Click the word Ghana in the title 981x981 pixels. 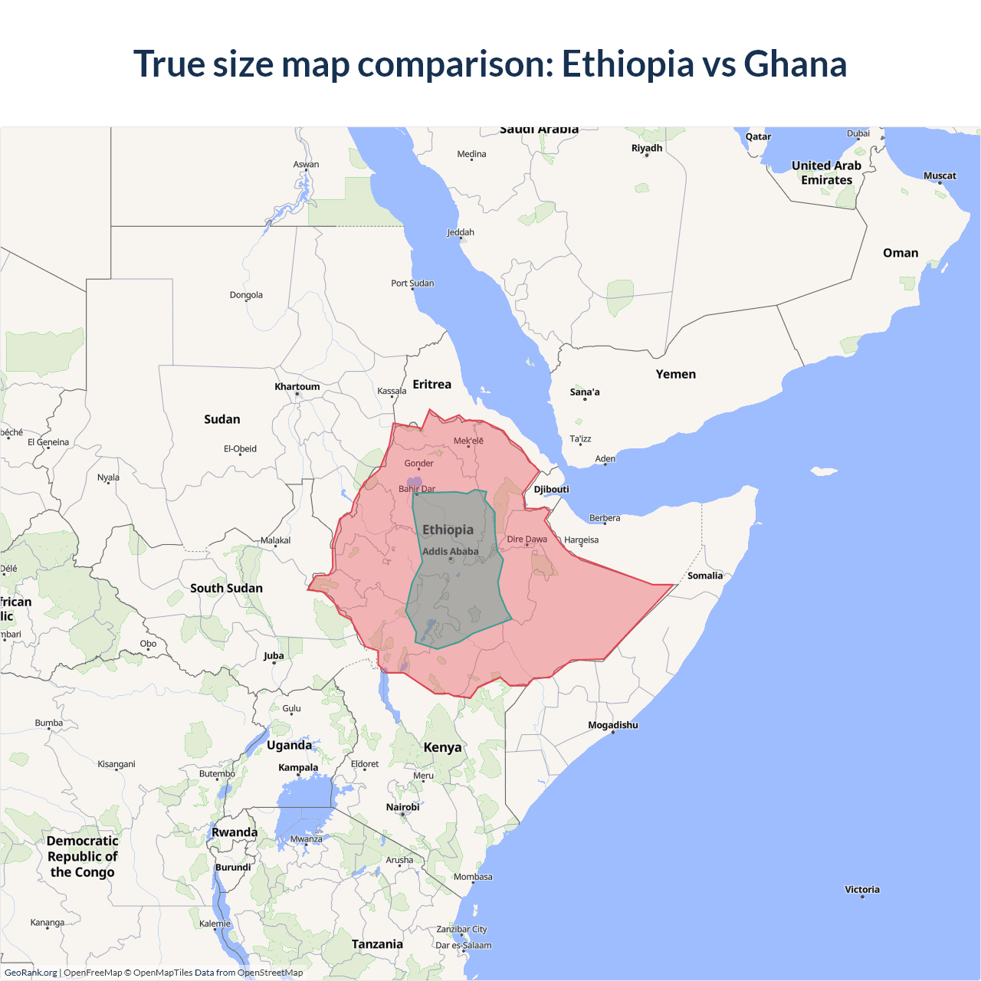pyautogui.click(x=795, y=64)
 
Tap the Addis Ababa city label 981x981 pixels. pyautogui.click(x=450, y=551)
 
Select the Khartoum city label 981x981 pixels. pyautogui.click(x=297, y=386)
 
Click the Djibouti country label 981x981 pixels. pyautogui.click(x=551, y=489)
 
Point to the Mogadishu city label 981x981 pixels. pyautogui.click(x=612, y=725)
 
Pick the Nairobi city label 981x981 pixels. pyautogui.click(x=402, y=807)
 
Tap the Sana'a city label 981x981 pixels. pyautogui.click(x=585, y=392)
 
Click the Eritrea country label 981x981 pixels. pyautogui.click(x=431, y=384)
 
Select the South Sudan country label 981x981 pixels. pyautogui.click(x=226, y=588)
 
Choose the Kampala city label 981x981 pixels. pyautogui.click(x=298, y=767)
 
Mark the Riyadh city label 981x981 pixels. pyautogui.click(x=646, y=148)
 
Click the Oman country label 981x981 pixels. pyautogui.click(x=901, y=253)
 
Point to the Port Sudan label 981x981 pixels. pyautogui.click(x=412, y=283)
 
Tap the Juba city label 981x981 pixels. pyautogui.click(x=274, y=655)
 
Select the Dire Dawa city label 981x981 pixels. pyautogui.click(x=527, y=539)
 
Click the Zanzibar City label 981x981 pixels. pyautogui.click(x=461, y=929)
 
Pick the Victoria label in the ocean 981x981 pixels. pyautogui.click(x=862, y=889)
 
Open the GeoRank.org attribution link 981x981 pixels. pyautogui.click(x=31, y=973)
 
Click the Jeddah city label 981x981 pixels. pyautogui.click(x=461, y=232)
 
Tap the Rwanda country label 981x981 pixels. pyautogui.click(x=235, y=832)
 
